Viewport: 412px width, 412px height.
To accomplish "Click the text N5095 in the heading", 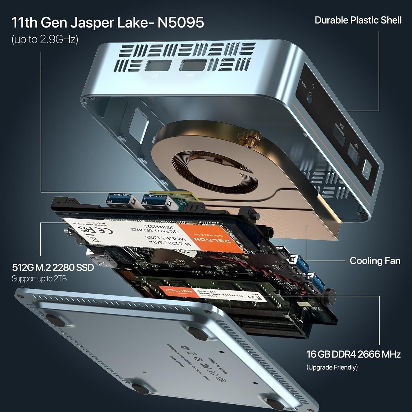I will (180, 23).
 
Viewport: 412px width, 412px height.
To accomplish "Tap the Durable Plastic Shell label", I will (358, 20).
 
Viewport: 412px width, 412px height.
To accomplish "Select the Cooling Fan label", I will (375, 261).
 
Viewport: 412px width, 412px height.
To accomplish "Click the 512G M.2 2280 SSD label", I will (53, 267).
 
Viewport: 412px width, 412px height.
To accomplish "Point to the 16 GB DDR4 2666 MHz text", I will (353, 354).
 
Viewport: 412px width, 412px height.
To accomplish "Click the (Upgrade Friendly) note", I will (332, 367).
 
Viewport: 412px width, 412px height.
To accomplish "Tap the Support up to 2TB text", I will (39, 279).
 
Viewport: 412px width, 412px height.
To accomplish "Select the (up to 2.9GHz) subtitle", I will (45, 40).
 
